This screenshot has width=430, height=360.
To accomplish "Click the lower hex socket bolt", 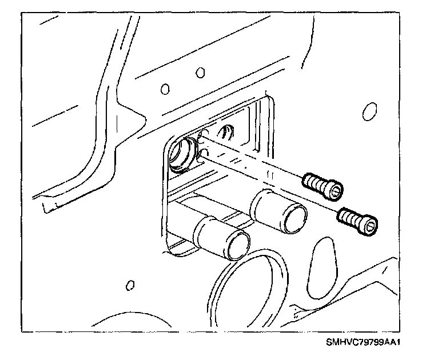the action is coord(357,218).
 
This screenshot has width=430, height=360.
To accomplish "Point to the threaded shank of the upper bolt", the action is coord(313,182).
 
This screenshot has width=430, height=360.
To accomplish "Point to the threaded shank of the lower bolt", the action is coord(348,215).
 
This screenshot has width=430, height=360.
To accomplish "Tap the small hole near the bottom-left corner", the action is coord(130,283).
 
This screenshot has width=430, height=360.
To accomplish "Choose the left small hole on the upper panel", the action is coord(165,89).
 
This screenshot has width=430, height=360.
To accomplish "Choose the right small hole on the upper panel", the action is coord(200,73).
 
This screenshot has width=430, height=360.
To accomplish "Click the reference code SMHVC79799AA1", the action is coord(363,343).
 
